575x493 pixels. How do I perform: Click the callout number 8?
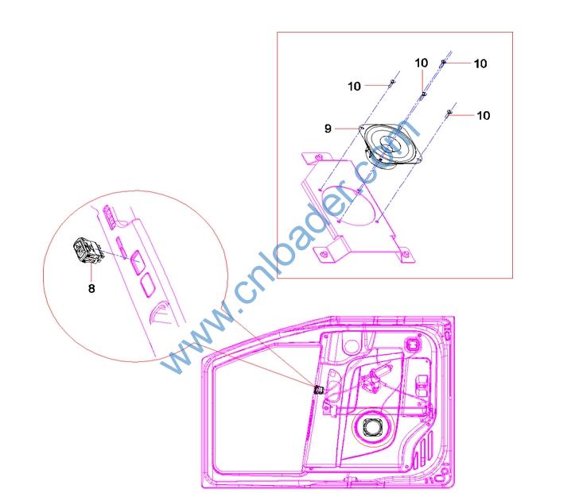click(91, 289)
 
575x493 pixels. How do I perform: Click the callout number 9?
click(328, 129)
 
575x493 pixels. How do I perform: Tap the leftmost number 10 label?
click(354, 87)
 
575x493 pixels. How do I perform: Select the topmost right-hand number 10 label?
click(480, 64)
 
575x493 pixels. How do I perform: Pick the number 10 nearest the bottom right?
click(484, 116)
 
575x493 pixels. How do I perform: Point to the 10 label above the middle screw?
click(422, 63)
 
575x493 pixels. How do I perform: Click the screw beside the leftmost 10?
click(391, 83)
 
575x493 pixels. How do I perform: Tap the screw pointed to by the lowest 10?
click(449, 113)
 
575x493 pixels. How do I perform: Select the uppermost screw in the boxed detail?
click(443, 64)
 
